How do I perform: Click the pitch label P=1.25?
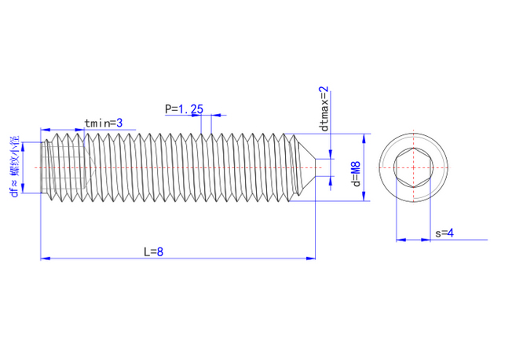184,109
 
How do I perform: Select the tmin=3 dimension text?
104,123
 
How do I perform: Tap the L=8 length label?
153,252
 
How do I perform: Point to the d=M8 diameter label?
357,174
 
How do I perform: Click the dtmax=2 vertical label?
324,109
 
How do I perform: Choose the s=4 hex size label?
444,233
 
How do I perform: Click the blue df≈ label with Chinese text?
15,167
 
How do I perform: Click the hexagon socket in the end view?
414,167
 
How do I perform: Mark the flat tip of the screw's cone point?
315,167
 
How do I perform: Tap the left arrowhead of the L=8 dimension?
45,258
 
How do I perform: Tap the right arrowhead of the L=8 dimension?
310,258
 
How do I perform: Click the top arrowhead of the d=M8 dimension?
364,138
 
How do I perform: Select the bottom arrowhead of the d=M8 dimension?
364,197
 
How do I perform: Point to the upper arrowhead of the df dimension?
23,147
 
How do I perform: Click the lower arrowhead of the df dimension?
23,188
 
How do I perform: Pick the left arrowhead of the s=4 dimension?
401,240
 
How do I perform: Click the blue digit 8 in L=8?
160,252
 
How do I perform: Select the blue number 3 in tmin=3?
119,123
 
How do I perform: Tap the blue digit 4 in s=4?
451,233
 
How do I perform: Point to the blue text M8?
357,169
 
